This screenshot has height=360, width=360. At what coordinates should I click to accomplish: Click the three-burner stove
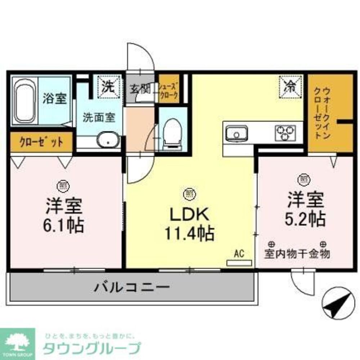pyautogui.click(x=285, y=133)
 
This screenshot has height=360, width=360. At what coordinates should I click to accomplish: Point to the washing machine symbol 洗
pyautogui.click(x=107, y=86)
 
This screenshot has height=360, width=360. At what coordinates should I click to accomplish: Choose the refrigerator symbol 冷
pyautogui.click(x=290, y=86)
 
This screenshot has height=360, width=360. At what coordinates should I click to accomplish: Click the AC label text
pyautogui.click(x=239, y=254)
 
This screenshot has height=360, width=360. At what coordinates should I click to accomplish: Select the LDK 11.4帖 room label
pyautogui.click(x=189, y=224)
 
